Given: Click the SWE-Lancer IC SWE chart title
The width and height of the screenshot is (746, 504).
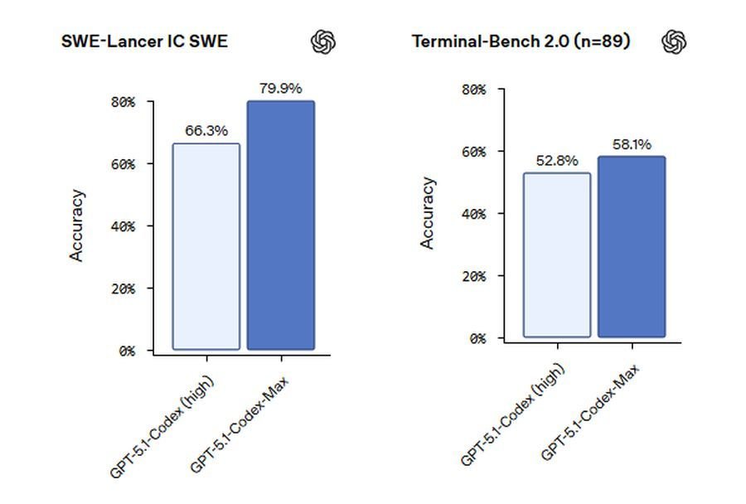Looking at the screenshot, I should pyautogui.click(x=144, y=41).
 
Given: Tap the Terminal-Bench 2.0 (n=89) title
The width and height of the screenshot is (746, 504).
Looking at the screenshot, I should pyautogui.click(x=521, y=41).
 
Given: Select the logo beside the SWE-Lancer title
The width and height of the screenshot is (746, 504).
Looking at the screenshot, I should pyautogui.click(x=323, y=41).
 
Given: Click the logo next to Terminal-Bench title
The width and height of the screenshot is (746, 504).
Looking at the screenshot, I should pyautogui.click(x=675, y=41).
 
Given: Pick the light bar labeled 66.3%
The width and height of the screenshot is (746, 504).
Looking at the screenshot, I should pyautogui.click(x=206, y=246).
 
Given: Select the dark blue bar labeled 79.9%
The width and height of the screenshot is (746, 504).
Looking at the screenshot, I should pyautogui.click(x=281, y=225).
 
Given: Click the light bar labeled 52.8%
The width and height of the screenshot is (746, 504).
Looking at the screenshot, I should pyautogui.click(x=557, y=254).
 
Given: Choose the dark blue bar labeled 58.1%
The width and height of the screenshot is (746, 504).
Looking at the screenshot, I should pyautogui.click(x=632, y=246).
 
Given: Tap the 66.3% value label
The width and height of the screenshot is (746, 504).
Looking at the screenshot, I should pyautogui.click(x=206, y=131).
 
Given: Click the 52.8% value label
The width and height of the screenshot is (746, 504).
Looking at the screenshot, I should pyautogui.click(x=557, y=161).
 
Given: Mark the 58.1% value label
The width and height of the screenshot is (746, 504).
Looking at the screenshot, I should pyautogui.click(x=632, y=144).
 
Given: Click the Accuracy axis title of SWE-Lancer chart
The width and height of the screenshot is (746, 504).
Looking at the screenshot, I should pyautogui.click(x=77, y=225).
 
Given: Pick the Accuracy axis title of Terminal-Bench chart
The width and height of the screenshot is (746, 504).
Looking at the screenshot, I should pyautogui.click(x=428, y=213).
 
